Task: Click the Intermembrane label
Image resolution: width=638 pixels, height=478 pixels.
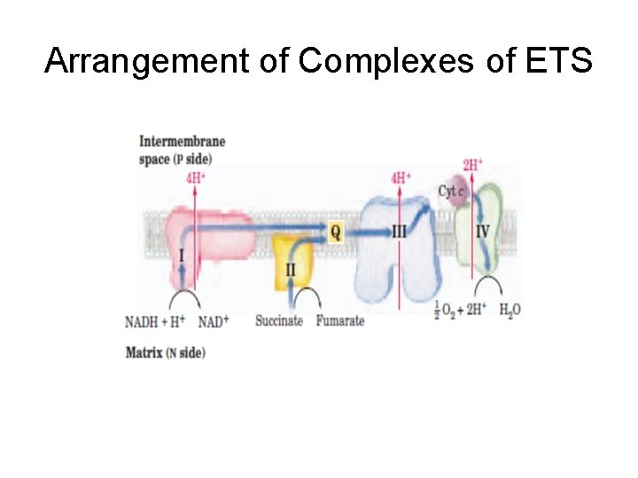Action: [182, 142]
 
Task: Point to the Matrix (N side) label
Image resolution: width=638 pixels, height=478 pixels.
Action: [166, 352]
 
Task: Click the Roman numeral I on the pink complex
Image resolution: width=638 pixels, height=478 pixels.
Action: [182, 257]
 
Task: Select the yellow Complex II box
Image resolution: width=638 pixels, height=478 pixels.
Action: [291, 260]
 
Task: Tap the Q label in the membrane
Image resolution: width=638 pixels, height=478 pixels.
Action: [335, 232]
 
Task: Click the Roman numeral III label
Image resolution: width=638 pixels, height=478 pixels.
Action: [400, 232]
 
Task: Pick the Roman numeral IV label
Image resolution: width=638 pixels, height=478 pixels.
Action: [482, 231]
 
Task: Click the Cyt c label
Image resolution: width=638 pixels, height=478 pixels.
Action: [451, 191]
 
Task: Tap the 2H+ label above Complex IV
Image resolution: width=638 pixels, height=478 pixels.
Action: [472, 165]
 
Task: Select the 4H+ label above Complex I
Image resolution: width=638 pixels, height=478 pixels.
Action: [196, 178]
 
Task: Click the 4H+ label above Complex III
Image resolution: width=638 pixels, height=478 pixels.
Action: [401, 178]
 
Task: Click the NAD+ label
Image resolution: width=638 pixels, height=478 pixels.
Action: [213, 320]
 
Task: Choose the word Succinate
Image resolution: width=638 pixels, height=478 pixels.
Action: [279, 320]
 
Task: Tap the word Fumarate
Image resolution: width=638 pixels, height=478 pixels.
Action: [339, 320]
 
